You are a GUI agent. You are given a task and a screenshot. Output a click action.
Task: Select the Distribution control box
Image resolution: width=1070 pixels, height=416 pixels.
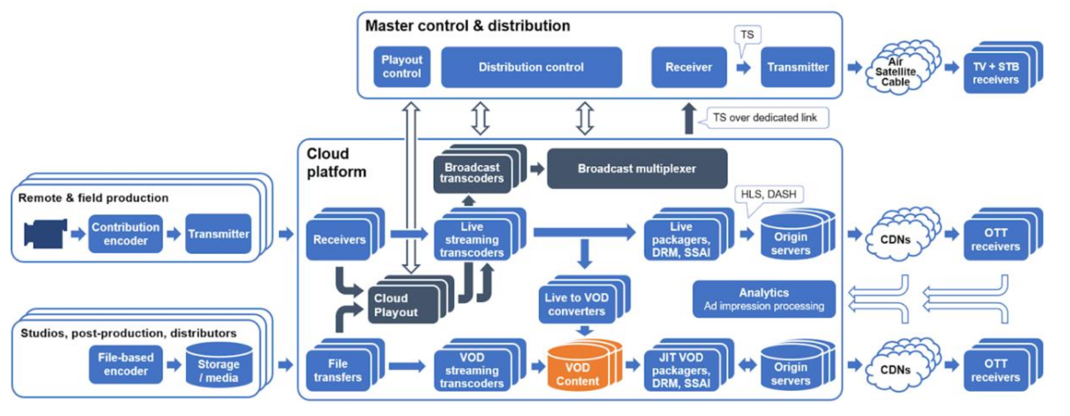coord(531,67)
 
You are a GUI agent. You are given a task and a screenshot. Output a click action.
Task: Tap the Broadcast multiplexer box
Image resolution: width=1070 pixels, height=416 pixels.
coord(637,169)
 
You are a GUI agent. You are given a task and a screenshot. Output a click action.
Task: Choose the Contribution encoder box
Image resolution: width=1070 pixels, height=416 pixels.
coord(125,234)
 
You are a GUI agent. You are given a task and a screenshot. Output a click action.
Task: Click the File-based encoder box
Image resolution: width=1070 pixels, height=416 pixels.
coord(125,364)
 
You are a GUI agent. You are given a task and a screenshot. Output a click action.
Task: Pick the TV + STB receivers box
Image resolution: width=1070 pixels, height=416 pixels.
coord(996,73)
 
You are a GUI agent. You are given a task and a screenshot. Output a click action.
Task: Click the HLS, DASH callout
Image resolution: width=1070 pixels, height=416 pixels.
coord(768,194)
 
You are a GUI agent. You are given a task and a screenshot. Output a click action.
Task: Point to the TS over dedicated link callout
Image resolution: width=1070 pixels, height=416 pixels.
coord(765,118)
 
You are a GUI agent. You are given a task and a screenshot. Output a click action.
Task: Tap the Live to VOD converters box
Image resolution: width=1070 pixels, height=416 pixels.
coord(577,304)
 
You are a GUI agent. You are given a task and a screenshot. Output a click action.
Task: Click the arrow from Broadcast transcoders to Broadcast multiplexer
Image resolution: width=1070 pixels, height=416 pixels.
coord(537,169)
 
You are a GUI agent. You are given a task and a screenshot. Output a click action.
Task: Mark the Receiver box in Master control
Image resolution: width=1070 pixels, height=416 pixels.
coord(689,67)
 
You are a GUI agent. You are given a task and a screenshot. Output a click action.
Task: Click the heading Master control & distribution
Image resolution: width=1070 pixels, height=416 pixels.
coord(467,26)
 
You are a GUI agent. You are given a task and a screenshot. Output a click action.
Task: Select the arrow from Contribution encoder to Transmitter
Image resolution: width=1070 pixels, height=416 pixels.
coord(174,234)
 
